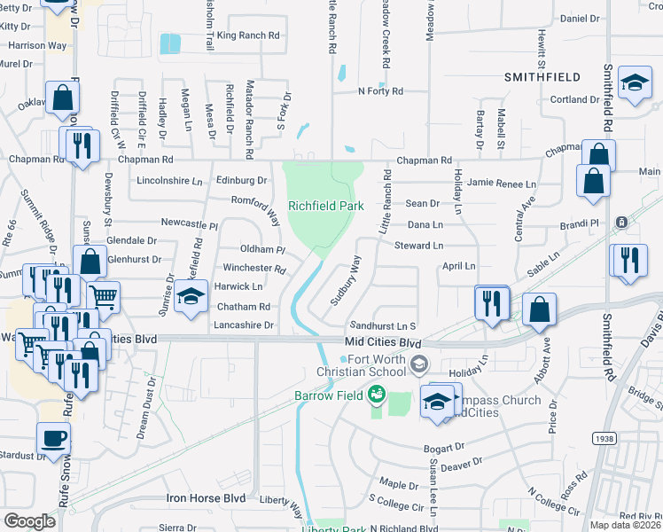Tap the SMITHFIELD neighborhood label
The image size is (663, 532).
tap(542, 77)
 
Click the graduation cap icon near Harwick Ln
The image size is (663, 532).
tap(189, 297)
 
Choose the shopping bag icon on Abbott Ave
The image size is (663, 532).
tap(539, 309)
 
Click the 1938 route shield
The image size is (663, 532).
tap(603, 439)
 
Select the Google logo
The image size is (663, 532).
tap(29, 520)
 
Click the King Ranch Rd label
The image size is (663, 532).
tap(248, 35)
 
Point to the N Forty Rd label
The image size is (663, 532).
tap(380, 91)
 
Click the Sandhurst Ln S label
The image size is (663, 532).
tap(383, 326)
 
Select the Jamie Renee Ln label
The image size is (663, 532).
tap(502, 183)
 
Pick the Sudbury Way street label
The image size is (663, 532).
tap(346, 280)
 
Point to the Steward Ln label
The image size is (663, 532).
tap(418, 245)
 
